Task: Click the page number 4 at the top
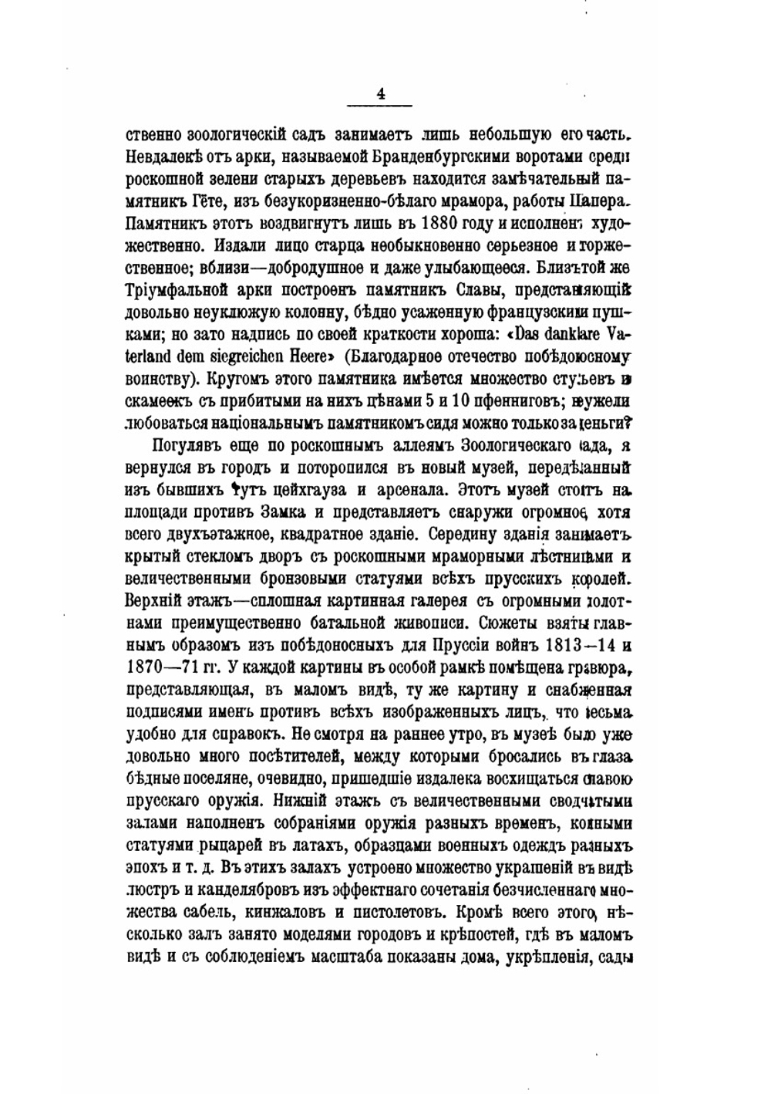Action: [x=380, y=94]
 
